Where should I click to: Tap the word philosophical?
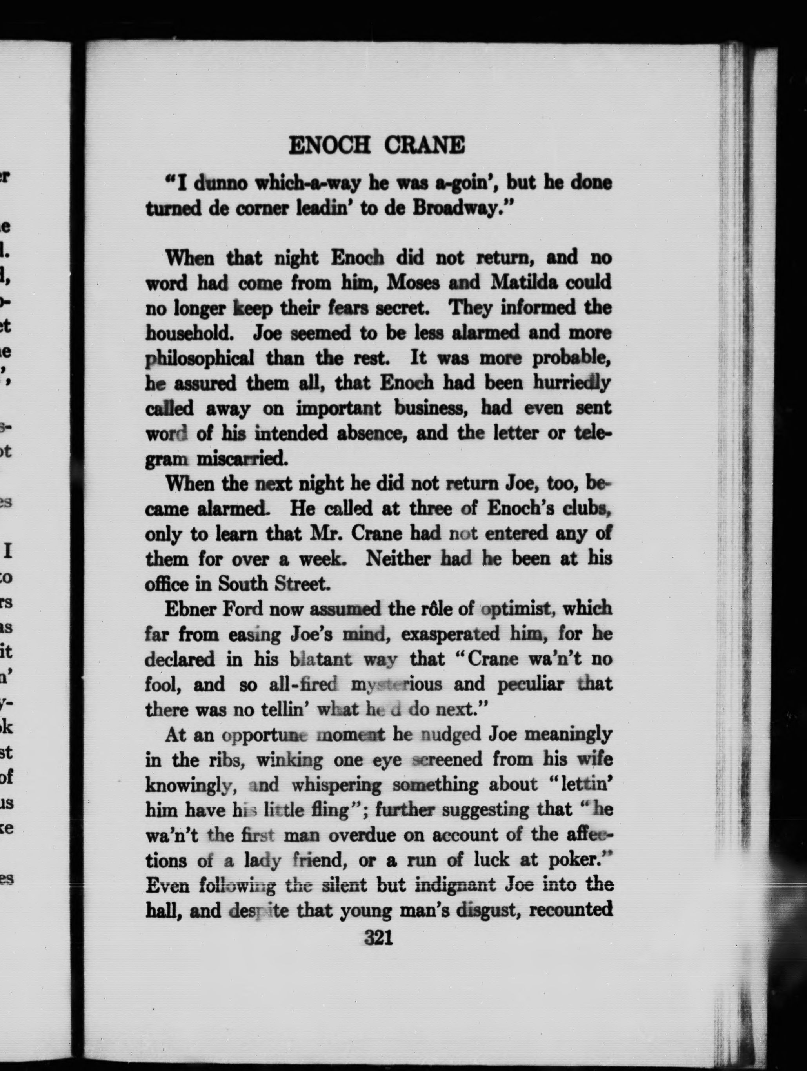coord(200,359)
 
